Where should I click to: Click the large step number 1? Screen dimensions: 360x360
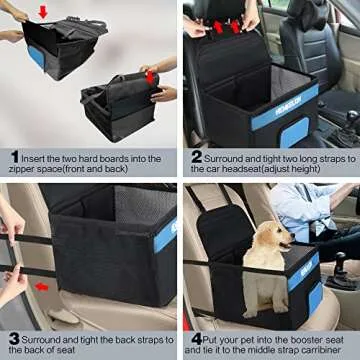click(x=14, y=156)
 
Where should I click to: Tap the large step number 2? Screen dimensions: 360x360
click(x=197, y=156)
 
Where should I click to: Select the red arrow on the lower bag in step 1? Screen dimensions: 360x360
click(x=149, y=74)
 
